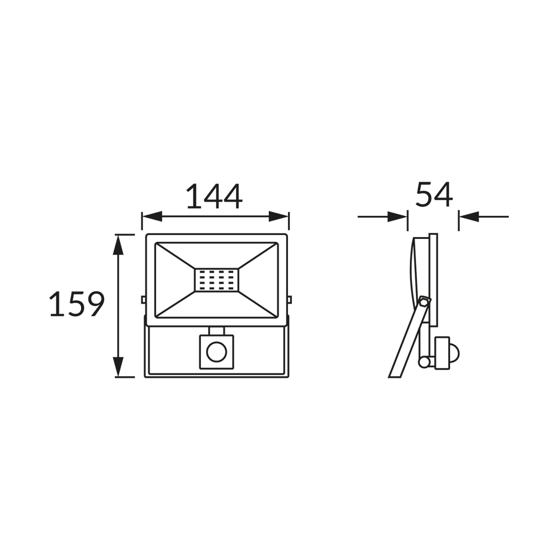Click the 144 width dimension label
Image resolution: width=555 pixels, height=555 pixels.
(x=215, y=196)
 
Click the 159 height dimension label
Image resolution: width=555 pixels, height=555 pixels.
(x=77, y=304)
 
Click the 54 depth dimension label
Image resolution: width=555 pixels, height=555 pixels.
(x=434, y=194)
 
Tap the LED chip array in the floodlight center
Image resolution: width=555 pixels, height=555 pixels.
(x=217, y=280)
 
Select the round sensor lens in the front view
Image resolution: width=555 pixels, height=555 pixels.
(x=217, y=352)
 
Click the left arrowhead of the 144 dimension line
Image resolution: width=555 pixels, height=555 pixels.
(x=152, y=216)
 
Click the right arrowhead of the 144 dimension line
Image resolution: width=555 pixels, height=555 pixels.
(x=278, y=216)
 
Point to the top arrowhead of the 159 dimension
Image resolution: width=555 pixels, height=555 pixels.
(x=118, y=245)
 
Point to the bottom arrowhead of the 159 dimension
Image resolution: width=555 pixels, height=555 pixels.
(x=118, y=366)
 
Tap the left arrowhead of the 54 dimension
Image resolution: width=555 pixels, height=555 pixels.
(x=398, y=217)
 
